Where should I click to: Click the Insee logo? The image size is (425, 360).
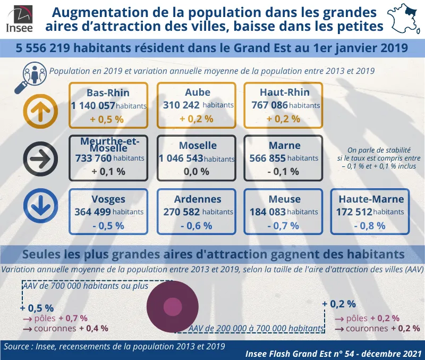[x=19, y=18]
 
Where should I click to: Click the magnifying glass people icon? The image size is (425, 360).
[x=33, y=75]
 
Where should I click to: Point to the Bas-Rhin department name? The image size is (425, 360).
[x=108, y=93]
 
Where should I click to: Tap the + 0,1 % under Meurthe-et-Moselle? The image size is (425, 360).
[x=108, y=171]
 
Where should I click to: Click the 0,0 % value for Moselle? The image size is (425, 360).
[x=197, y=171]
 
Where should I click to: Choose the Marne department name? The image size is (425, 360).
[x=284, y=145]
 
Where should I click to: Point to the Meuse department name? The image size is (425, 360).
[x=284, y=199]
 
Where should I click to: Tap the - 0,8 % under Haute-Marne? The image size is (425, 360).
[x=369, y=225]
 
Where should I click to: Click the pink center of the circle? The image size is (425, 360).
[x=172, y=307]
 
